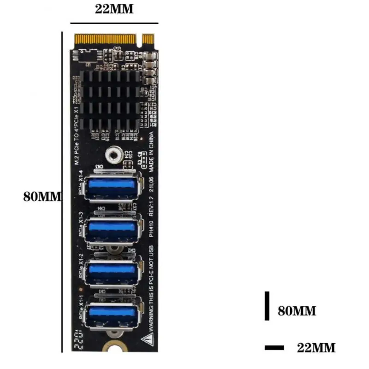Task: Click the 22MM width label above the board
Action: pos(114,9)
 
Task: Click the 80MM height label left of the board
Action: pos(42,196)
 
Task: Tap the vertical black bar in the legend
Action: pos(267,305)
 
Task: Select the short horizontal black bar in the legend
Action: pos(274,347)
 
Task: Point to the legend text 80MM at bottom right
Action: pos(297,311)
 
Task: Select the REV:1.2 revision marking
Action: pos(149,205)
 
